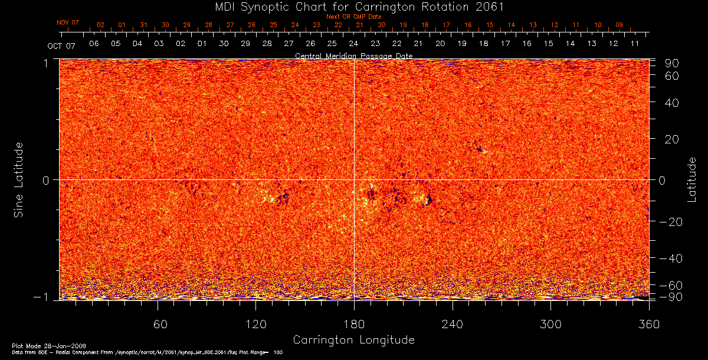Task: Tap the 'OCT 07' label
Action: pos(62,45)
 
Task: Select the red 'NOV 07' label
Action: pos(68,22)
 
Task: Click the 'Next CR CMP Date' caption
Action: pos(353,17)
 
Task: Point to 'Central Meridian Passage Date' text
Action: pos(353,55)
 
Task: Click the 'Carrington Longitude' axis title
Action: pos(353,340)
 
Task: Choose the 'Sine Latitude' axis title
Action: pos(19,179)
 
